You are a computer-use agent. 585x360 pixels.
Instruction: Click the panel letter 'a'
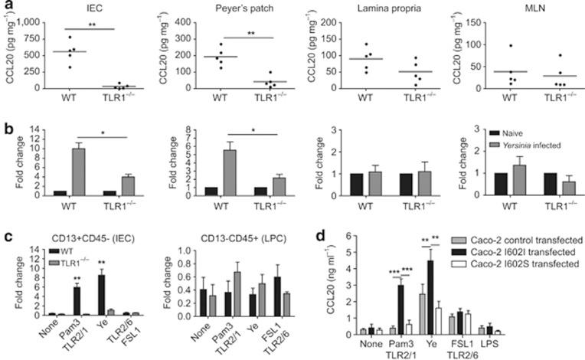(6, 7)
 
